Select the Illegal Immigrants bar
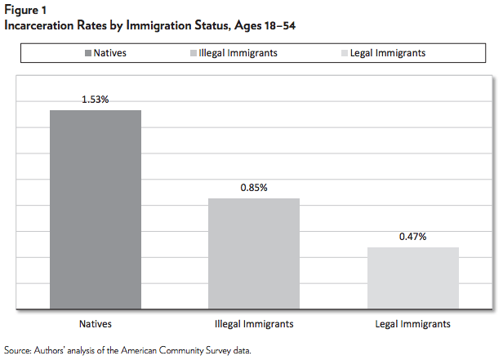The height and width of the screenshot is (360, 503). coord(253,254)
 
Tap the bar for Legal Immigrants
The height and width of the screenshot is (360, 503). coord(412,278)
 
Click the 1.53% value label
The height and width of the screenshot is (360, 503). coord(95,100)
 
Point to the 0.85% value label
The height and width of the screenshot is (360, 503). coord(253,188)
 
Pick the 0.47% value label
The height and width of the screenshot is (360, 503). coord(412,237)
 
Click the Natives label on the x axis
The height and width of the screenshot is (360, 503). coord(96,324)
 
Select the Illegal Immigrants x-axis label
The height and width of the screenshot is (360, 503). coord(254,324)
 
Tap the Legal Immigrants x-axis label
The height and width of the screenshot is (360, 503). coord(412,324)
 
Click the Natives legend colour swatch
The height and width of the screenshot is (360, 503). coord(87,54)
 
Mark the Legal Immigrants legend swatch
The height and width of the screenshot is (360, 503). coord(342,54)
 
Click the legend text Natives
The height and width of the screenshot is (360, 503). coord(111,54)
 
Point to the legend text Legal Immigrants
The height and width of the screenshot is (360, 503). coord(388,54)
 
